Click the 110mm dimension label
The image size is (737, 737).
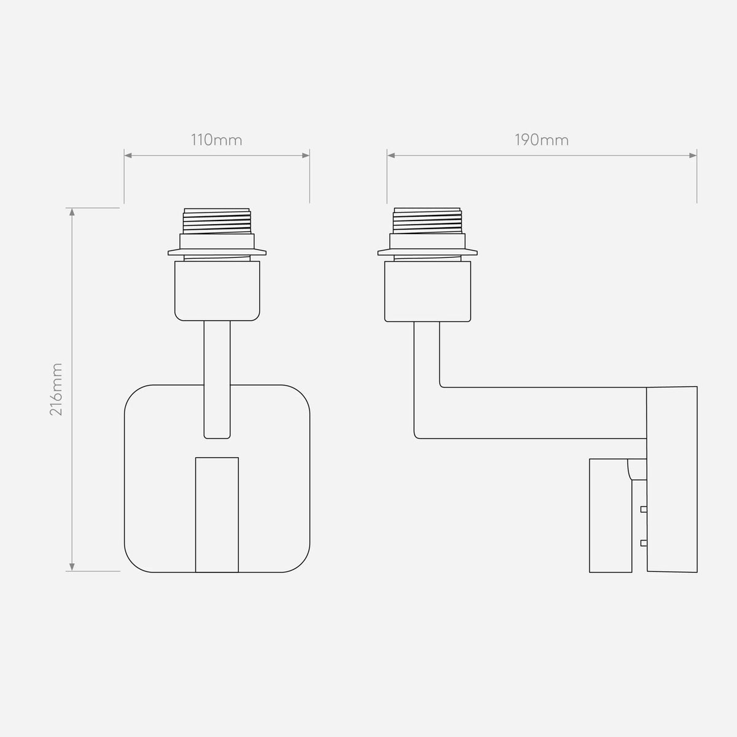point(216,141)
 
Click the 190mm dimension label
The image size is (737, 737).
point(542,141)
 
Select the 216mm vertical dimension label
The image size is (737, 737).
point(57,389)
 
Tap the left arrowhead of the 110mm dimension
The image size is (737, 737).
point(128,155)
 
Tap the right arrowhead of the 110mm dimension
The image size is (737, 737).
point(306,155)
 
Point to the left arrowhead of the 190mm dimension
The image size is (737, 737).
point(391,155)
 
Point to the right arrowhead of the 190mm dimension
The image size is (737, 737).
point(693,155)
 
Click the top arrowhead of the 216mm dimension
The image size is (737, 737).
point(72,212)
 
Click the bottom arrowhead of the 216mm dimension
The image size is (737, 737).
point(72,567)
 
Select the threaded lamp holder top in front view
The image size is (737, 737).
point(217,221)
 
